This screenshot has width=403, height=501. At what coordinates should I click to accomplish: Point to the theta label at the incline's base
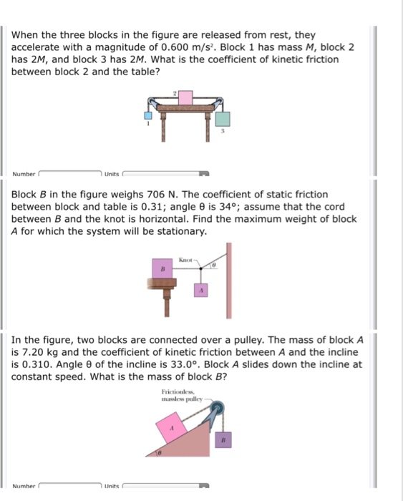pos(162,453)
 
